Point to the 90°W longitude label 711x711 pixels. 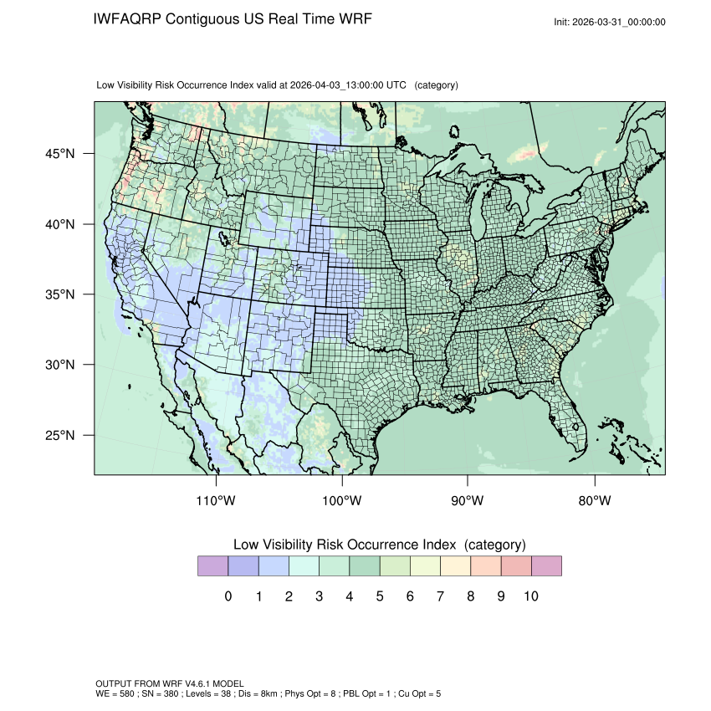(468, 501)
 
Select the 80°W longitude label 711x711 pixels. (594, 501)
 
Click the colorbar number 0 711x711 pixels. (228, 596)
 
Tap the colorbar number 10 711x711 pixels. (530, 596)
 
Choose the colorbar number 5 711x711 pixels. (379, 596)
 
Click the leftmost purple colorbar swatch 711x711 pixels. (212, 566)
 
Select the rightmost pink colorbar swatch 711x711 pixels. (546, 566)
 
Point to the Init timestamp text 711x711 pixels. (609, 23)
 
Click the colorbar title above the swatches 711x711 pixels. (379, 545)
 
